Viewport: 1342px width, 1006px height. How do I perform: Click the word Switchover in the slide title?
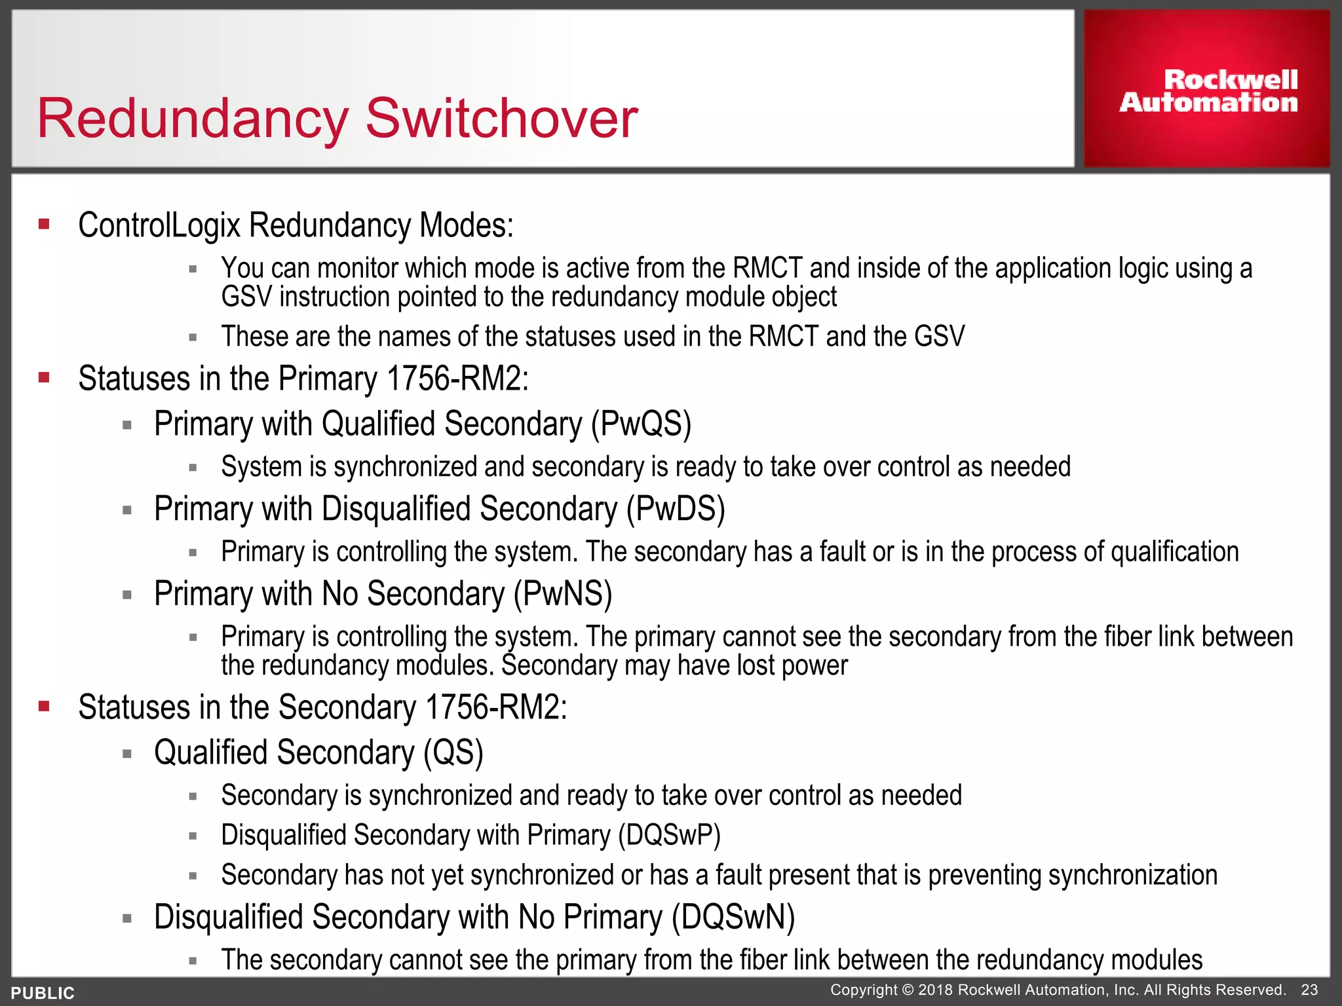point(501,119)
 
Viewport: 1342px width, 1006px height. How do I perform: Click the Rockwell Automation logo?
point(1208,91)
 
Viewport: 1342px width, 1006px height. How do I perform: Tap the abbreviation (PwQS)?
point(641,424)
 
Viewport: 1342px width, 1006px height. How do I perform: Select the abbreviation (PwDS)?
point(675,509)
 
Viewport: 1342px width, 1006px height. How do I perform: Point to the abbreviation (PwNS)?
point(562,594)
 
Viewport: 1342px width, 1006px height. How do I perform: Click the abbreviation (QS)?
point(453,753)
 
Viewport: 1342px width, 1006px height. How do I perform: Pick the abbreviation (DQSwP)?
point(669,836)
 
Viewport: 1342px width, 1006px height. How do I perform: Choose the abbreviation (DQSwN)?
point(733,917)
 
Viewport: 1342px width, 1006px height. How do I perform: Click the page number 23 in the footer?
point(1309,990)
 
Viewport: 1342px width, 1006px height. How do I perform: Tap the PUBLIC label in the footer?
point(43,993)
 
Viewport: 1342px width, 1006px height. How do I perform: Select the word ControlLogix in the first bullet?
point(159,225)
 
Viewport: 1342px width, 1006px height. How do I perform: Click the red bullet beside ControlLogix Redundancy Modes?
point(45,225)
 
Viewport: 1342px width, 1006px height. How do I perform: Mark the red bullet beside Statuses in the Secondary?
point(45,706)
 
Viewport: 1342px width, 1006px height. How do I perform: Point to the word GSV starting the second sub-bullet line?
point(246,297)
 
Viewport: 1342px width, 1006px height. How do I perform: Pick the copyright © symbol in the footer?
point(906,990)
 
